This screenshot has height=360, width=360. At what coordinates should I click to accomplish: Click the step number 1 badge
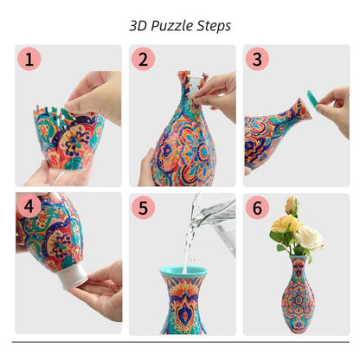pyautogui.click(x=30, y=60)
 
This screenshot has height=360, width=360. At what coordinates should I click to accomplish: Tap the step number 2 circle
pyautogui.click(x=145, y=60)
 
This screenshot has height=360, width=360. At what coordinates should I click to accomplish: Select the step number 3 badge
pyautogui.click(x=257, y=60)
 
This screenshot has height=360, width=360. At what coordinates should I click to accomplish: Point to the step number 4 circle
pyautogui.click(x=30, y=208)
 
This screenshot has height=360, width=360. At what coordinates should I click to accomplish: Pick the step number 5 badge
pyautogui.click(x=145, y=208)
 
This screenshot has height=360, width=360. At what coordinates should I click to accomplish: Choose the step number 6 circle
pyautogui.click(x=257, y=208)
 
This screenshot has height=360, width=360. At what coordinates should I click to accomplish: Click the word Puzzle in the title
pyautogui.click(x=177, y=25)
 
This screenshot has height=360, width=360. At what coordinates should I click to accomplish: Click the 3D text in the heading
pyautogui.click(x=139, y=25)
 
